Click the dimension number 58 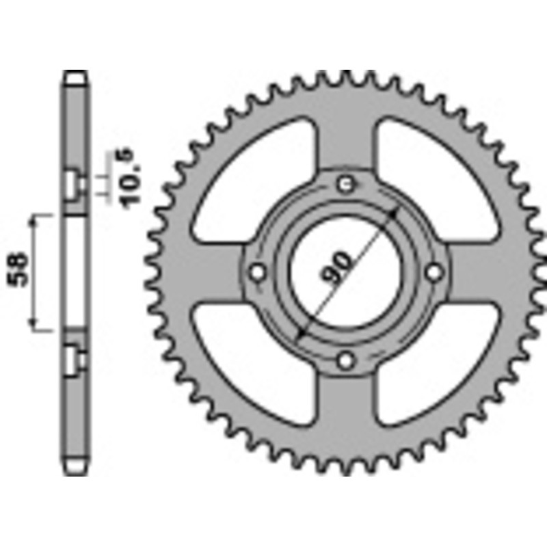click(x=18, y=271)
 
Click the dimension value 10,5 click(x=131, y=178)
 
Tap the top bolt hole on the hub click(x=347, y=183)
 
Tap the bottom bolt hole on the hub click(x=347, y=360)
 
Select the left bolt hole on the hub click(x=258, y=272)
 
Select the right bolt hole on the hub click(x=433, y=272)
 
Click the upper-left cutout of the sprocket click(x=256, y=174)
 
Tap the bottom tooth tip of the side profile click(x=76, y=471)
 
